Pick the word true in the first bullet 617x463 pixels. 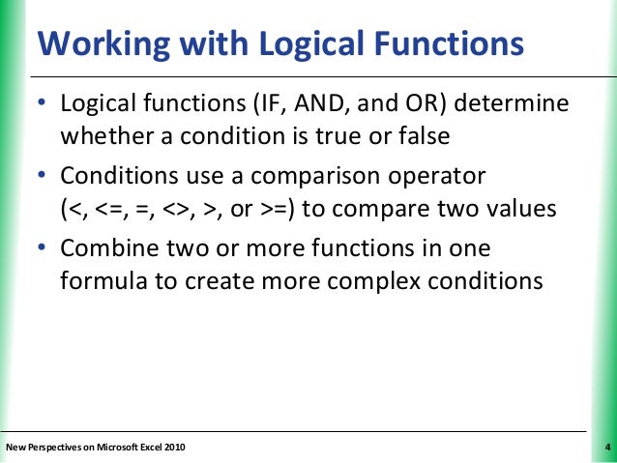pos(347,136)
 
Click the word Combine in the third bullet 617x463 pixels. pos(103,249)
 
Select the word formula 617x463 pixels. pos(99,283)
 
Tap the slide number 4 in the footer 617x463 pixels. pos(605,447)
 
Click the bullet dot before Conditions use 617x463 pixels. pos(42,178)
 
